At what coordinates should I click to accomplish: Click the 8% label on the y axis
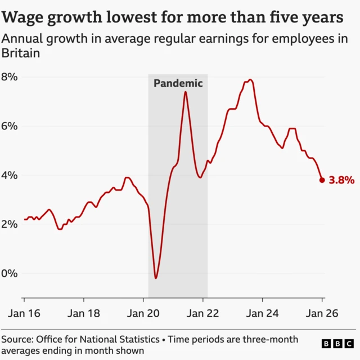tap(10, 76)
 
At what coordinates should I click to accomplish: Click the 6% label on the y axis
tap(10, 126)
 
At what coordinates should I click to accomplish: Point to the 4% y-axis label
tap(10, 175)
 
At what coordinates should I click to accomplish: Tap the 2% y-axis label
tap(10, 224)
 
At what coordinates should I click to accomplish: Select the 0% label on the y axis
tap(10, 273)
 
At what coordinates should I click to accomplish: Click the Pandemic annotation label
tap(178, 83)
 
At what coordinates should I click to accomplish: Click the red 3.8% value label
tap(341, 181)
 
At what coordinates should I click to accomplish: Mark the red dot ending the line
tap(322, 180)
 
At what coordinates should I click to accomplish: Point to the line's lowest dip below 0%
tap(156, 278)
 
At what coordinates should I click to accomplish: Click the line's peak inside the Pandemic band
tap(185, 92)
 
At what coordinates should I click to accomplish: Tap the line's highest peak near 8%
tap(250, 80)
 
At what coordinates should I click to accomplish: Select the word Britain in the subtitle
tap(20, 54)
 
